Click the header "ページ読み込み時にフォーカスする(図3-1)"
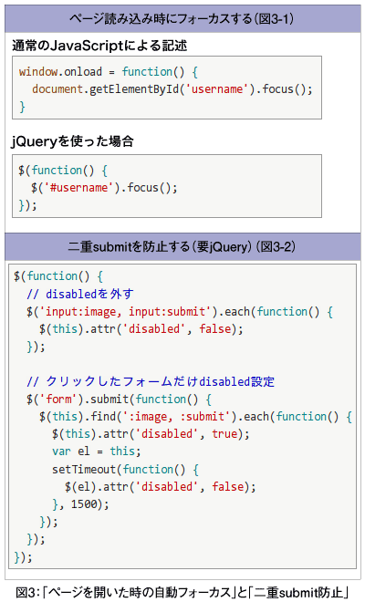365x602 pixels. [x=182, y=19]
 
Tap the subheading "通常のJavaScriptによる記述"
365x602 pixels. [x=99, y=46]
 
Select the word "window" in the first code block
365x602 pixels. [x=38, y=72]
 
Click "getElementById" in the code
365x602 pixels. [x=134, y=89]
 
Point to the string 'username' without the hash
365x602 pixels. [x=217, y=89]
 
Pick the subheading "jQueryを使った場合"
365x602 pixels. [x=73, y=141]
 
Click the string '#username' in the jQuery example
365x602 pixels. [x=79, y=188]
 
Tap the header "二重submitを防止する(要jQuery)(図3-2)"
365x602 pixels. [x=182, y=246]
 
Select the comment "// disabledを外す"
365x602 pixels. [x=80, y=294]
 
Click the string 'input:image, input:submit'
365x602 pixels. [x=126, y=311]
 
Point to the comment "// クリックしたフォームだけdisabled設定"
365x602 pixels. [x=151, y=381]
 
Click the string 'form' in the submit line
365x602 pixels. [x=58, y=400]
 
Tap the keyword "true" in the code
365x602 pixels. [x=224, y=434]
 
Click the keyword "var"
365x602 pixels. [x=61, y=451]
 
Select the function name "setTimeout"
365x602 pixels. [x=85, y=469]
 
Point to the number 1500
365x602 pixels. [x=84, y=504]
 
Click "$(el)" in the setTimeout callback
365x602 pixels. [x=80, y=487]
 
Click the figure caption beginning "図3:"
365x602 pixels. [x=182, y=592]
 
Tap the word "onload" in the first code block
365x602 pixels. [x=83, y=72]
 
